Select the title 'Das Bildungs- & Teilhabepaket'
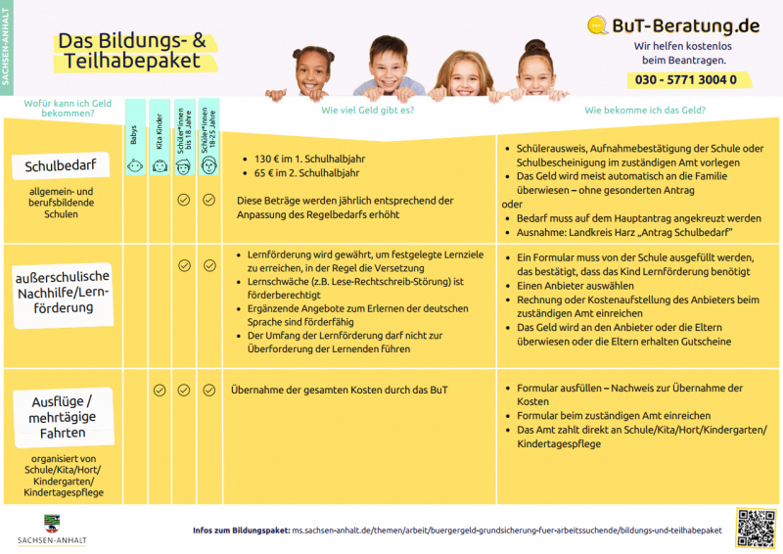(131, 50)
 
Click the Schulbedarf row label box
(61, 166)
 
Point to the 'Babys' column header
(134, 136)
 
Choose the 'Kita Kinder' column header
(160, 136)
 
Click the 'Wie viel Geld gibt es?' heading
(367, 111)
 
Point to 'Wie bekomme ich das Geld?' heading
(645, 111)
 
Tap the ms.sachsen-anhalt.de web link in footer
(506, 530)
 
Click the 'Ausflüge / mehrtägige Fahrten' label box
(62, 415)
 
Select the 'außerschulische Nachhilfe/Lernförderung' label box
(62, 292)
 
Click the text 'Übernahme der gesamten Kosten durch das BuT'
(340, 390)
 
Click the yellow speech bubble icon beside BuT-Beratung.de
(598, 25)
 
